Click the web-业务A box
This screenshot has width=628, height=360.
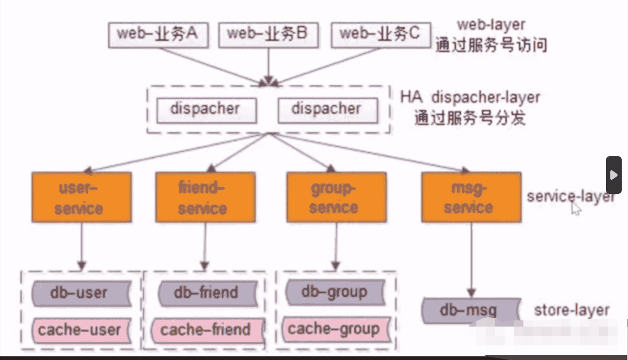point(157,34)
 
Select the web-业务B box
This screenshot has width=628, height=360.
point(267,34)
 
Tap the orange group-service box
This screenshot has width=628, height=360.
point(333,198)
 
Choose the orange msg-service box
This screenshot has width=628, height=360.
point(470,198)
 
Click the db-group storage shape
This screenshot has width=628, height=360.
point(335,292)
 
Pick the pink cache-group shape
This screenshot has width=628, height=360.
point(335,329)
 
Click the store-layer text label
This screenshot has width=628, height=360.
point(572,310)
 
